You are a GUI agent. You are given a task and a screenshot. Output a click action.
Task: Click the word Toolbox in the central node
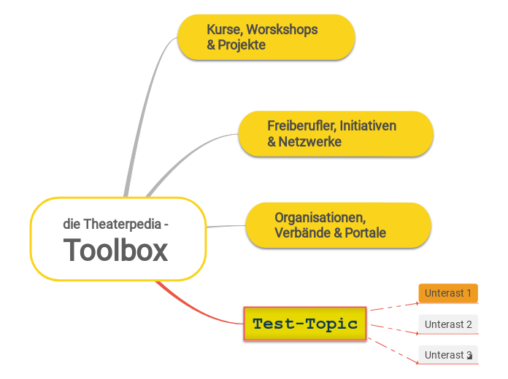pos(115,250)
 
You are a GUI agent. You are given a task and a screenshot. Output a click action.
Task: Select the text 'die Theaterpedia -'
pos(115,224)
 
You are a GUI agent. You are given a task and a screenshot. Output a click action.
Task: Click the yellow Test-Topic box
pos(304,324)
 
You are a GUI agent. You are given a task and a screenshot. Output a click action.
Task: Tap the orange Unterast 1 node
pos(448,293)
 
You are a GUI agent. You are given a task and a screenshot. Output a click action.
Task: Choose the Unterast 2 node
pos(448,324)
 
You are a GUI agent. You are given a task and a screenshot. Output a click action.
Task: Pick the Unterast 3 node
pos(448,355)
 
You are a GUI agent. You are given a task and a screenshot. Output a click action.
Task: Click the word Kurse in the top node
pos(223,30)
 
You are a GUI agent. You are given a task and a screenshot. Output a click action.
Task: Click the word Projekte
pos(242,45)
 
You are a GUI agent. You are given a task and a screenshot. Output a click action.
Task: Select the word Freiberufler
pos(300,126)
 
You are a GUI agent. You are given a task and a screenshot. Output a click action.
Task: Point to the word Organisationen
pos(320,217)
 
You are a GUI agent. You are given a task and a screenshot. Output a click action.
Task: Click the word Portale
pos(364,233)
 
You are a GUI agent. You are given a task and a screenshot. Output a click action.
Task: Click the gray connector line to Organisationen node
pos(226,227)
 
